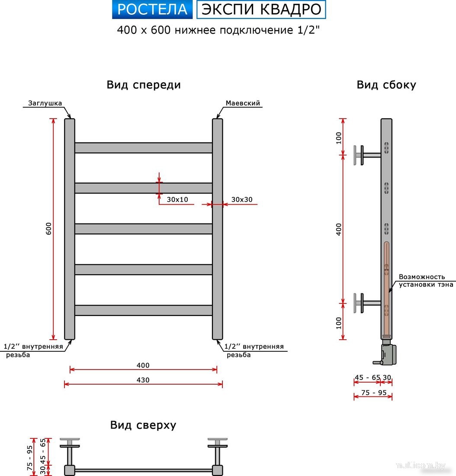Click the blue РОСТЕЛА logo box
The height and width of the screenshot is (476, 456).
coord(152,10)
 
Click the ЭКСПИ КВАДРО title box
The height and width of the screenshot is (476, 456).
coord(261,10)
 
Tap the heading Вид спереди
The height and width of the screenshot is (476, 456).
coord(144,85)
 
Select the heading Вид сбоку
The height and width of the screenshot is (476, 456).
coord(386,85)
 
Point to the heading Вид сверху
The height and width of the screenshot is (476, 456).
coord(143,425)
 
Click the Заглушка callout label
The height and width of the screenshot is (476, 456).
coord(45,103)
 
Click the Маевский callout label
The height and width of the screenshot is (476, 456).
coord(243,103)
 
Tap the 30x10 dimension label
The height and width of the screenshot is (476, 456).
coord(177,199)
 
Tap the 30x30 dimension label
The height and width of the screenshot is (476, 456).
coord(241,199)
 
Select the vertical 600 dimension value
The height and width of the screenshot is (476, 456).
coord(48,229)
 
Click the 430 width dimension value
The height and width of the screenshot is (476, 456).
coord(143,380)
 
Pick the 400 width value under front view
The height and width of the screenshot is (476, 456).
coord(143,365)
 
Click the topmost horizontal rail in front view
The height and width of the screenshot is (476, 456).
coord(143,148)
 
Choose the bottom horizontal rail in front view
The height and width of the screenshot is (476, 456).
coord(143,310)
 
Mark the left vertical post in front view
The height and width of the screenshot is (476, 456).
coord(70,229)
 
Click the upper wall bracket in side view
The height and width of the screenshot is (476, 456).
coord(366,155)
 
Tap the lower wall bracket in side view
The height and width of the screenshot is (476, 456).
coord(366,303)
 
